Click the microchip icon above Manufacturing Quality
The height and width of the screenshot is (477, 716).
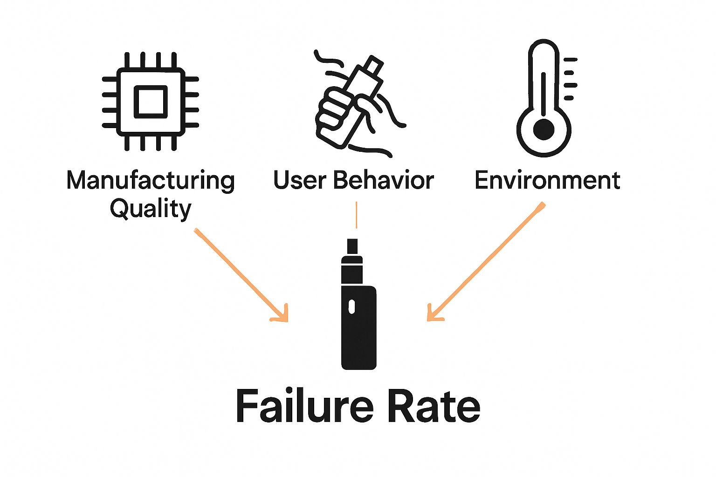coord(150,101)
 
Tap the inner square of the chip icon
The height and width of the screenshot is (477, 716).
coord(150,101)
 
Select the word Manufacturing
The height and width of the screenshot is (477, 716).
coord(150,180)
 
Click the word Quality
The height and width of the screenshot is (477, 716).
coord(150,208)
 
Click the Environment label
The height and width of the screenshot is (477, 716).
coord(547,180)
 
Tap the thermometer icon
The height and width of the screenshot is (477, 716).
coord(544,98)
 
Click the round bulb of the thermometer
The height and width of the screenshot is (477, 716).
coord(544,129)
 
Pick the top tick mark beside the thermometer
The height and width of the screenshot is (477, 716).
coord(570,60)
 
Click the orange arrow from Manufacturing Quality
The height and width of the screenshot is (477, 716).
coord(240,274)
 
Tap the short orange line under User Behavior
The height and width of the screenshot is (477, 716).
coord(356,215)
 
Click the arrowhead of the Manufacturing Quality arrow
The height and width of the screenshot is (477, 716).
coord(282,315)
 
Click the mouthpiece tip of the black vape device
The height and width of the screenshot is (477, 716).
coord(352,246)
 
